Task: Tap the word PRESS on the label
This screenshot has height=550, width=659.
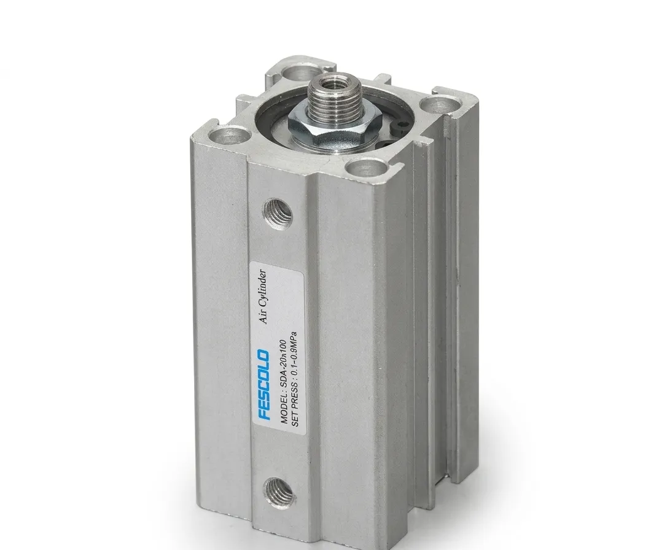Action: click(x=294, y=397)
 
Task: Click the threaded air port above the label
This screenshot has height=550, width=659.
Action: click(x=278, y=212)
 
